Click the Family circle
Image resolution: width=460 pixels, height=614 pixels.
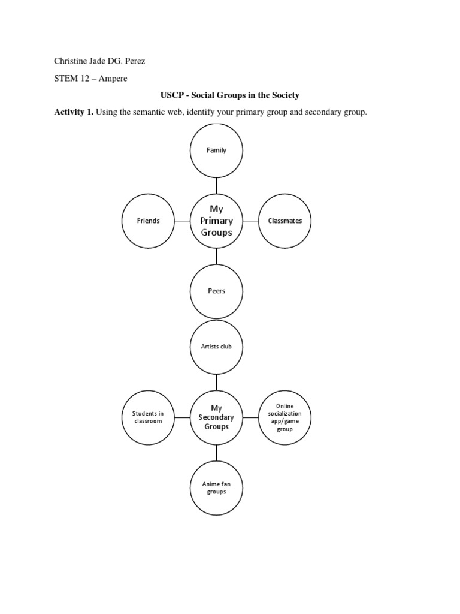[x=216, y=150]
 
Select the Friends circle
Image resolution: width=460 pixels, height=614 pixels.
[x=149, y=221]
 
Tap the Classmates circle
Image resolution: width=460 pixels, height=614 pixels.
[x=285, y=221]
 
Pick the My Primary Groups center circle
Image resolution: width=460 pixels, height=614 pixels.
[x=216, y=221]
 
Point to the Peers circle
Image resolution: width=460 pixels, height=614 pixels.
[x=216, y=291]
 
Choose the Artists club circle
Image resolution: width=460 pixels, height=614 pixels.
[x=216, y=347]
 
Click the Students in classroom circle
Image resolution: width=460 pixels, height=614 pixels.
[x=148, y=417]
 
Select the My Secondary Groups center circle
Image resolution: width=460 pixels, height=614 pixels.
[x=216, y=417]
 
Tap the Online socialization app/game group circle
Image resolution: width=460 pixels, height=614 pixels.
[x=285, y=417]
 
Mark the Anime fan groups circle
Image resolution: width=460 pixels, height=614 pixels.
[x=216, y=488]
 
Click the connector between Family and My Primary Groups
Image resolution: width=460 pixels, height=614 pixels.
[x=216, y=185]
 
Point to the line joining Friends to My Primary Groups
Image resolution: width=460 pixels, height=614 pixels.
[x=183, y=221]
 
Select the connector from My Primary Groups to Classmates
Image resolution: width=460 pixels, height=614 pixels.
[x=251, y=221]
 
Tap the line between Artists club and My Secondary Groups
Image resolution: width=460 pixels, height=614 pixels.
[x=216, y=381]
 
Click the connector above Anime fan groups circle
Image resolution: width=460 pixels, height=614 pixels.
[x=216, y=453]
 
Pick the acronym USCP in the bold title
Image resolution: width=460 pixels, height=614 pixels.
[x=171, y=95]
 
